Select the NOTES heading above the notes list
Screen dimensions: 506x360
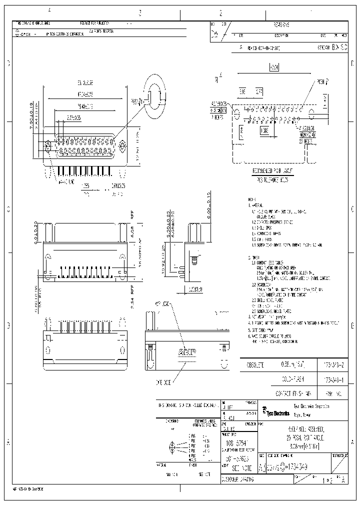pyautogui.click(x=253, y=198)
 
